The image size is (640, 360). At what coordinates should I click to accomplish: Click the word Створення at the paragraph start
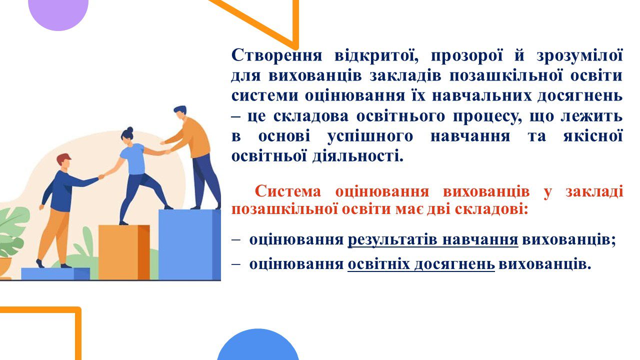[x=276, y=55]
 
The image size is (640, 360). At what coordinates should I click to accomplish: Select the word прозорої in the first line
[x=466, y=55]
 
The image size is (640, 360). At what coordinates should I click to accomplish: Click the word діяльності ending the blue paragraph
[x=357, y=156]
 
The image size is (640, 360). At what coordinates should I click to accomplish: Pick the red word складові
[x=491, y=209]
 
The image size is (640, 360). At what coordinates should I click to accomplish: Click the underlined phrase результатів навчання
[x=433, y=239]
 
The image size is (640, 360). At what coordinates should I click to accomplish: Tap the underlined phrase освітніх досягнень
[x=421, y=264]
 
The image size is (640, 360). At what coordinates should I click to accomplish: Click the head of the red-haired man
[x=64, y=162]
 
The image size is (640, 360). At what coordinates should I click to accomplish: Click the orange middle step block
[x=124, y=252]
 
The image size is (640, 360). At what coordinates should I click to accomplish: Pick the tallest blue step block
[x=189, y=244]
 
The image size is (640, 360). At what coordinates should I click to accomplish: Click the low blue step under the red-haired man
[x=55, y=273]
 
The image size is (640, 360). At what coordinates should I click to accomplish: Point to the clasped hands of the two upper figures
[x=167, y=151]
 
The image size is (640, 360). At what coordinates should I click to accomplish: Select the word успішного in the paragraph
[x=370, y=137]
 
